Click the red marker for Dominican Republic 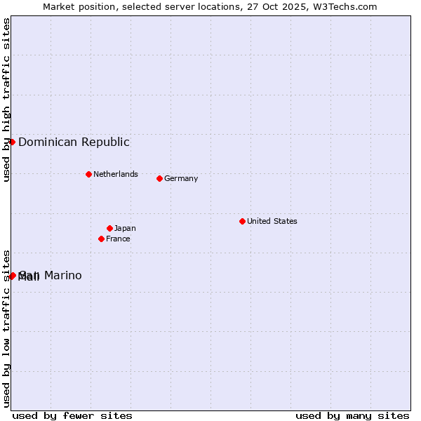pos(12,142)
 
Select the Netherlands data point pos(88,174)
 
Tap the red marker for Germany pos(159,178)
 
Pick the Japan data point pos(109,228)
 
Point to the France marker pos(101,239)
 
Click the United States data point pos(242,221)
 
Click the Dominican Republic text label pos(74,142)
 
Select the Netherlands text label pos(115,174)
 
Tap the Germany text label pos(181,178)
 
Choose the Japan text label pos(125,228)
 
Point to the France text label pos(118,239)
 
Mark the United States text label pos(272,221)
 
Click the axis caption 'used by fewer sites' pos(72,415)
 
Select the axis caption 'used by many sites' pos(352,415)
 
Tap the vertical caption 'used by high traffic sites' pos(6,100)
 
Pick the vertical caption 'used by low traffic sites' pos(6,328)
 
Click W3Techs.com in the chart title pos(345,6)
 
